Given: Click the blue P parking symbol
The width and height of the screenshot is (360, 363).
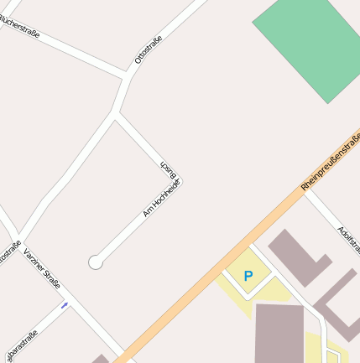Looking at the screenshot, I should coord(248,275).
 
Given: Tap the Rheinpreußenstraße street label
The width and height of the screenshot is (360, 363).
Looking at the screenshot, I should coord(329,161).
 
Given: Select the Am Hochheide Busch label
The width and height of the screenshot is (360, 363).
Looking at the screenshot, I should coord(162,188).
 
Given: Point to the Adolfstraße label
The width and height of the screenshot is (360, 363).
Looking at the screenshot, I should coord(348,241).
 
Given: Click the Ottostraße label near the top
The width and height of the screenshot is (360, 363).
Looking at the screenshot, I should coord(148,50).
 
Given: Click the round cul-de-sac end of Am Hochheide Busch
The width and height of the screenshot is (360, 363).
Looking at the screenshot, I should coord(96,262).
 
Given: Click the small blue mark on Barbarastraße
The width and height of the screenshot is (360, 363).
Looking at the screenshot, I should coord(65,305).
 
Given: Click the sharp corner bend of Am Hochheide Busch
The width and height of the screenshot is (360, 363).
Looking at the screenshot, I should coord(180,181).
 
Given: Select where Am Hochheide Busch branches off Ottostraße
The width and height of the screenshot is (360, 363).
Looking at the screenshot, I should coord(114,115).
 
